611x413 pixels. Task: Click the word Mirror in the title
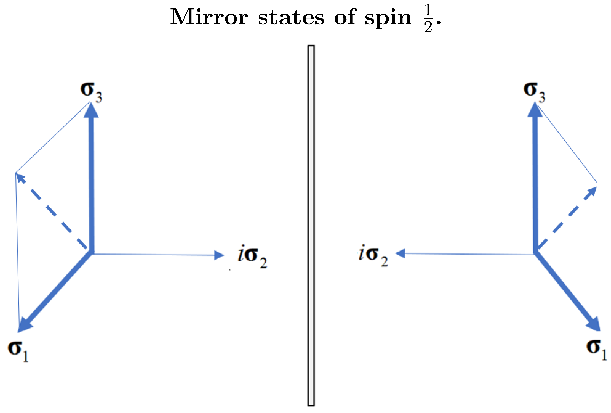(x=209, y=17)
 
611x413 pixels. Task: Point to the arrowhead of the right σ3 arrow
(x=535, y=110)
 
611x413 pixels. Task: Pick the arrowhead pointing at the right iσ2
(x=400, y=254)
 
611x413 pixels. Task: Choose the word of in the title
(x=345, y=17)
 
